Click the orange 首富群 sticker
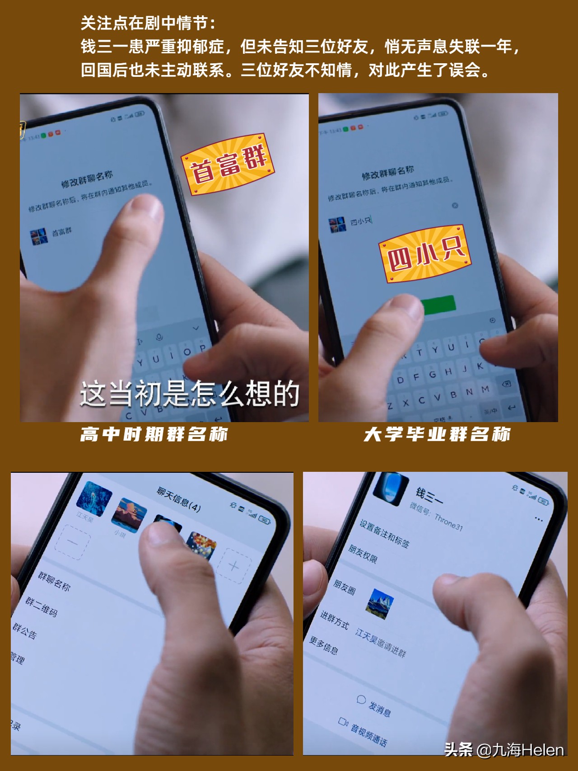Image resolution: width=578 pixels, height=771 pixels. (228, 165)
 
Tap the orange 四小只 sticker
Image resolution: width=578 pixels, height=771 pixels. (425, 254)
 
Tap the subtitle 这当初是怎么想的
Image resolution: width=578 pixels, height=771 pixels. (190, 393)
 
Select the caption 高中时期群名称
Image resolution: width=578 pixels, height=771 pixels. (154, 434)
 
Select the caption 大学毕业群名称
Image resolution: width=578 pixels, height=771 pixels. (437, 434)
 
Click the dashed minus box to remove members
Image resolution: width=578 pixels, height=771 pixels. (72, 542)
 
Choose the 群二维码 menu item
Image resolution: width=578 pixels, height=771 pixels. (42, 606)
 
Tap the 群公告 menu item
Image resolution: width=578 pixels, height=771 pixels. (25, 630)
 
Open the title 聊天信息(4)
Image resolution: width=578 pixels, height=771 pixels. (179, 499)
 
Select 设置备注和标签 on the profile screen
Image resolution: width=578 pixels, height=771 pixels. (384, 534)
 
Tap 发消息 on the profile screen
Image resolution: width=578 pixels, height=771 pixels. (379, 708)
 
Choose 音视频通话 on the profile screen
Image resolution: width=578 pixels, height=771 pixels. (368, 734)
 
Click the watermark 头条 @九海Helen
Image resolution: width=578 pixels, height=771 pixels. (503, 750)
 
